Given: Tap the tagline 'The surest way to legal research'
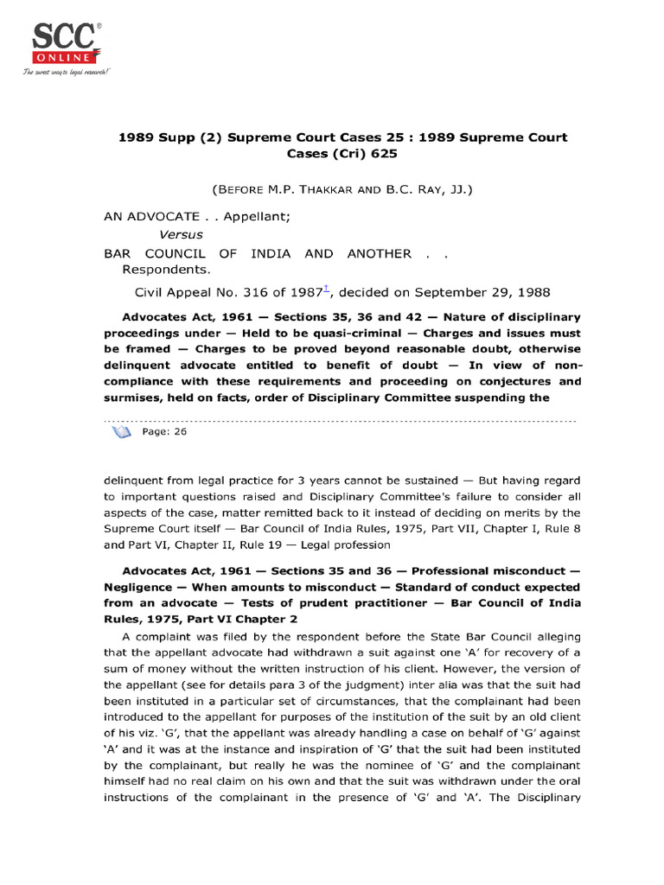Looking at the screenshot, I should click(x=67, y=72).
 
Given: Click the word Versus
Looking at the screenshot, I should click(x=181, y=234).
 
